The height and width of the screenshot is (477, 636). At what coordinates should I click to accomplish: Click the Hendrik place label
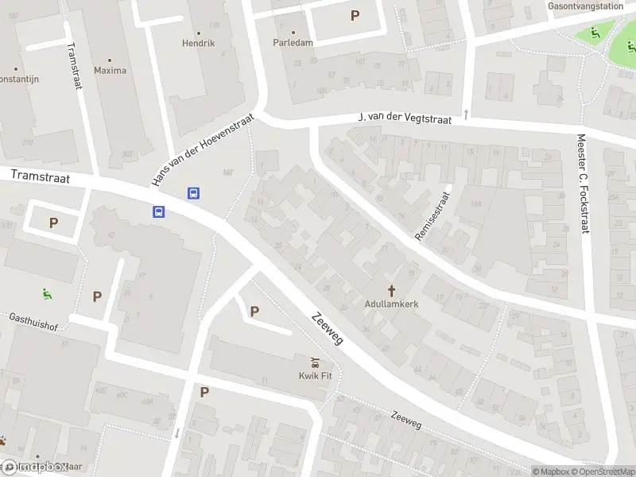(198, 43)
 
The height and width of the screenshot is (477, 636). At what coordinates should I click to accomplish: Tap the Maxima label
(110, 71)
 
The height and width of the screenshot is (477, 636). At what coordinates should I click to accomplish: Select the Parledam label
(293, 43)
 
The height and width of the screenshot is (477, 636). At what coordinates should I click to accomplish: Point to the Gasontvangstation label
(584, 6)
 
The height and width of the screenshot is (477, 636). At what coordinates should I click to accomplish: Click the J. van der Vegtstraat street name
(405, 118)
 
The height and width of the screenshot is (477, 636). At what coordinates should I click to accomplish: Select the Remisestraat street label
(432, 215)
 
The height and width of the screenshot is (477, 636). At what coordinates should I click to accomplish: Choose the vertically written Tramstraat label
(74, 65)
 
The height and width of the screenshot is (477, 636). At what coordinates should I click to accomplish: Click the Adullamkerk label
(391, 304)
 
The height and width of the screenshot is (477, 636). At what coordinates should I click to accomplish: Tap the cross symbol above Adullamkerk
(391, 290)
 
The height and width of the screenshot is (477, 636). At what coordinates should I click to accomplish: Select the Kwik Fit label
(315, 376)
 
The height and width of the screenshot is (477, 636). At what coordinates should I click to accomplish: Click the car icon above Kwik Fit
(315, 363)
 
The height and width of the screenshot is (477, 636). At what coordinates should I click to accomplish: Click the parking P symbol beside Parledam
(355, 15)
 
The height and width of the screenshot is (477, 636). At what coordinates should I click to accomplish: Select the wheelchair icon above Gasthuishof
(48, 293)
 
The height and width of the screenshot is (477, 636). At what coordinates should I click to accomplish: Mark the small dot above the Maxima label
(110, 60)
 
